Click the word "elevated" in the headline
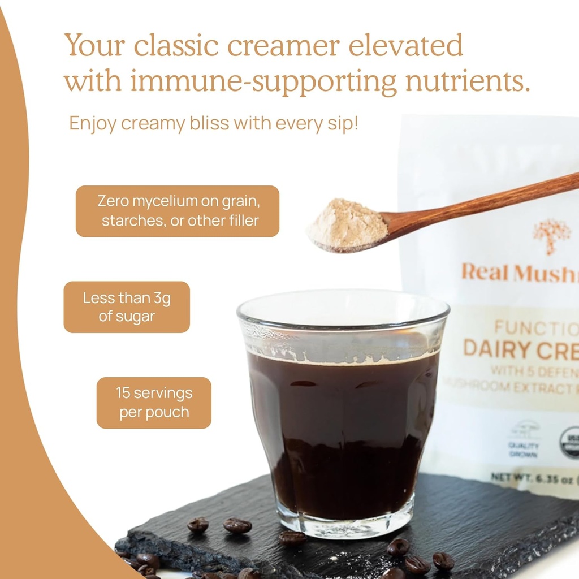click(x=405, y=45)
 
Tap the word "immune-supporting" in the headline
click(x=263, y=81)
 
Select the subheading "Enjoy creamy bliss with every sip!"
click(x=214, y=123)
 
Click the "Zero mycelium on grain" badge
click(x=178, y=211)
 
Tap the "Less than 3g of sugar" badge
click(x=127, y=307)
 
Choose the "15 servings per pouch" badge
click(x=154, y=403)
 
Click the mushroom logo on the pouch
click(x=551, y=235)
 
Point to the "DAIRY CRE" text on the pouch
click(x=520, y=349)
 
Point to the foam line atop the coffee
click(x=343, y=357)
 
